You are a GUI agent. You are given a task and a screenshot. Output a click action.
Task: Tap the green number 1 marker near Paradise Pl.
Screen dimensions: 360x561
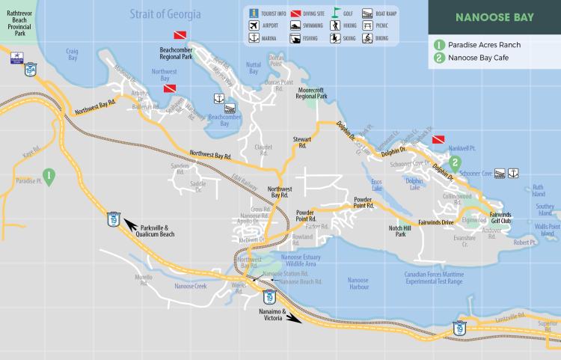49,176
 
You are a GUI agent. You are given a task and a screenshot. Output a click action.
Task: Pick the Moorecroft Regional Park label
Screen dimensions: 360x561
312,93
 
